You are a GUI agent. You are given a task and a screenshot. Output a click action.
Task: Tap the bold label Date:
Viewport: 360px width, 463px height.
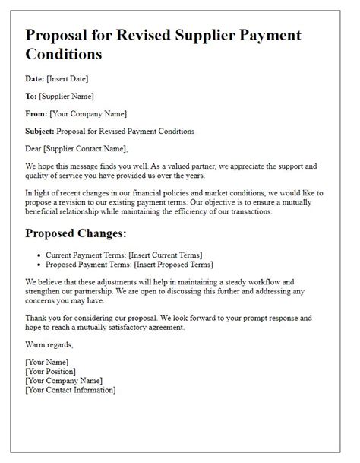[x=35, y=78]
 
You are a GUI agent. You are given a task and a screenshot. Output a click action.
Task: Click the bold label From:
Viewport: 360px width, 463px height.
[x=36, y=113]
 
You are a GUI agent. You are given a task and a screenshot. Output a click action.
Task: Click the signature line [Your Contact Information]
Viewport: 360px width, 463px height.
[x=70, y=390]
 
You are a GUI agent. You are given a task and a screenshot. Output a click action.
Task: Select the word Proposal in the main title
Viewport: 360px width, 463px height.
[x=61, y=36]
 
